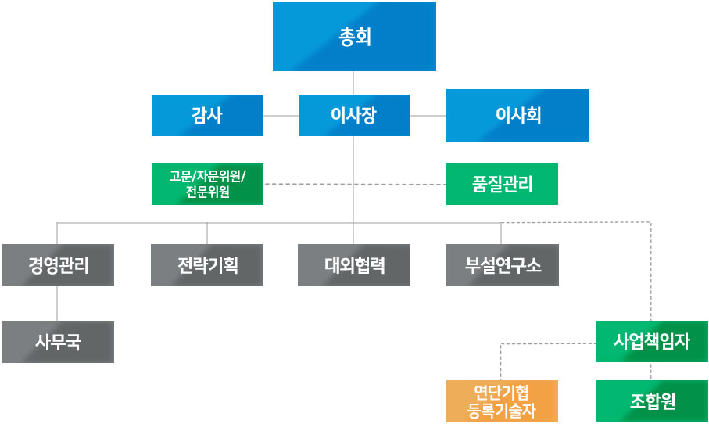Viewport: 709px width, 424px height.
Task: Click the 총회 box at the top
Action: (x=354, y=37)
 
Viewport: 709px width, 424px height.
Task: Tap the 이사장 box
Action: (x=354, y=115)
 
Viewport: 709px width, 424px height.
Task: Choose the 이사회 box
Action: (x=517, y=115)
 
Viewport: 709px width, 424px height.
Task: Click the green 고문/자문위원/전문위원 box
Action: (x=207, y=184)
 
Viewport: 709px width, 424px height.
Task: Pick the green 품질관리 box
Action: (x=502, y=184)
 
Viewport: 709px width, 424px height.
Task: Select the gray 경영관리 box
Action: (x=58, y=265)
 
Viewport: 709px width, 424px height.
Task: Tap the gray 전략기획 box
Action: (x=207, y=265)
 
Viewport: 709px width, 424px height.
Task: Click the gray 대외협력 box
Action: (x=354, y=265)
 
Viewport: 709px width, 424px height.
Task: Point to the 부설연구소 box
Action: (x=502, y=265)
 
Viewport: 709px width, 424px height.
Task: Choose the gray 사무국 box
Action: (x=58, y=342)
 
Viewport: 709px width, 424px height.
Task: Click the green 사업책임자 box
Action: (x=652, y=342)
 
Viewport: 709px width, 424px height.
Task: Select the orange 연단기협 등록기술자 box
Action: (x=502, y=401)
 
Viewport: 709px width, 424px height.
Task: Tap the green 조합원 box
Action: (x=652, y=401)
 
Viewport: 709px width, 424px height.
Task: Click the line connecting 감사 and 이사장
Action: (x=281, y=115)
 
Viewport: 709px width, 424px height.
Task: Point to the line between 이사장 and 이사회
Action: (x=428, y=115)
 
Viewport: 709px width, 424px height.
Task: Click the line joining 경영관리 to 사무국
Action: (x=58, y=304)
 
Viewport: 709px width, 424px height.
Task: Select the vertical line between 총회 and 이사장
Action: (x=354, y=83)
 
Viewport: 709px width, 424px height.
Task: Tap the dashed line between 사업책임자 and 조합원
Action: (x=652, y=372)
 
